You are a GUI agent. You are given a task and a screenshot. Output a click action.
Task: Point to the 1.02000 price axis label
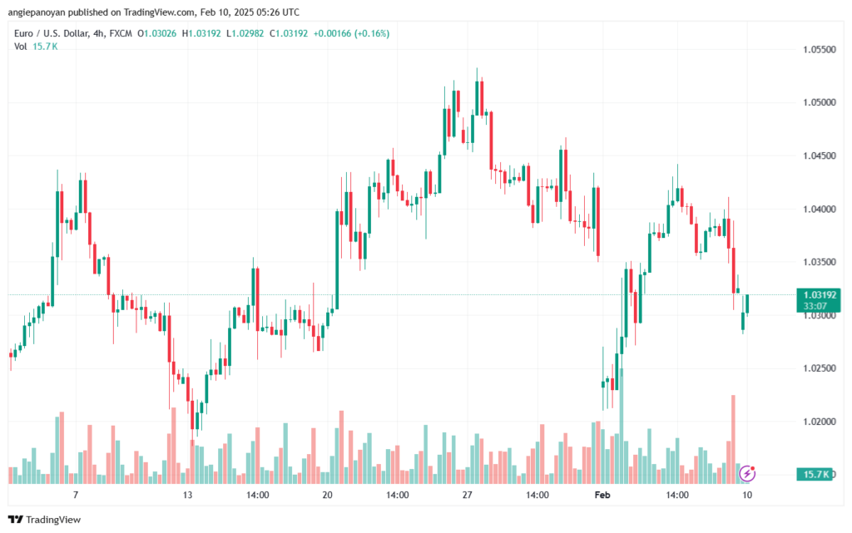coord(818,422)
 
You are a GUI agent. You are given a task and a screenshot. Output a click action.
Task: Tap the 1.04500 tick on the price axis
coord(818,156)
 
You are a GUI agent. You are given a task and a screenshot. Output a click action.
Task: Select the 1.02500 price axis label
coord(818,369)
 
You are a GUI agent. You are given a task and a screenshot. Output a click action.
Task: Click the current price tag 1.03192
coord(818,294)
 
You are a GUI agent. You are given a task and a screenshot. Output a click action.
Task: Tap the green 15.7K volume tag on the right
coord(818,474)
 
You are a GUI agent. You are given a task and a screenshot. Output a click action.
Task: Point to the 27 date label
coord(467,495)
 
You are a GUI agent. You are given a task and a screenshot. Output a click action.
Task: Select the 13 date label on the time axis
coord(188,495)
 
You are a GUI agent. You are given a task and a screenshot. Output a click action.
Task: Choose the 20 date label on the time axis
coord(327,495)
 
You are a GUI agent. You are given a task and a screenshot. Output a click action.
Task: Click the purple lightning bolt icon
coord(747,473)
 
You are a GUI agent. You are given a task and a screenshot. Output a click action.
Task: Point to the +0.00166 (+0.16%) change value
coord(354,33)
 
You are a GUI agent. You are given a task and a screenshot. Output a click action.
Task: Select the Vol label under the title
coord(21,47)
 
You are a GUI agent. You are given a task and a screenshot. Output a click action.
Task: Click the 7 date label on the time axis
coord(76,495)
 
